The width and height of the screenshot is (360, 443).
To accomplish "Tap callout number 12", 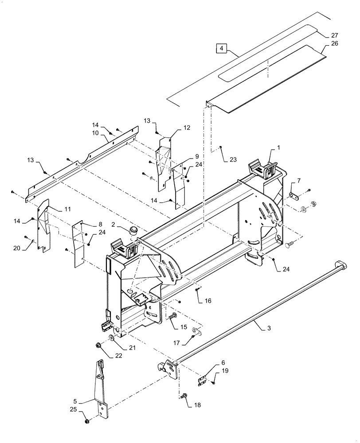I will coord(187,128).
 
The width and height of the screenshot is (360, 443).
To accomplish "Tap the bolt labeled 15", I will coord(172,316).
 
